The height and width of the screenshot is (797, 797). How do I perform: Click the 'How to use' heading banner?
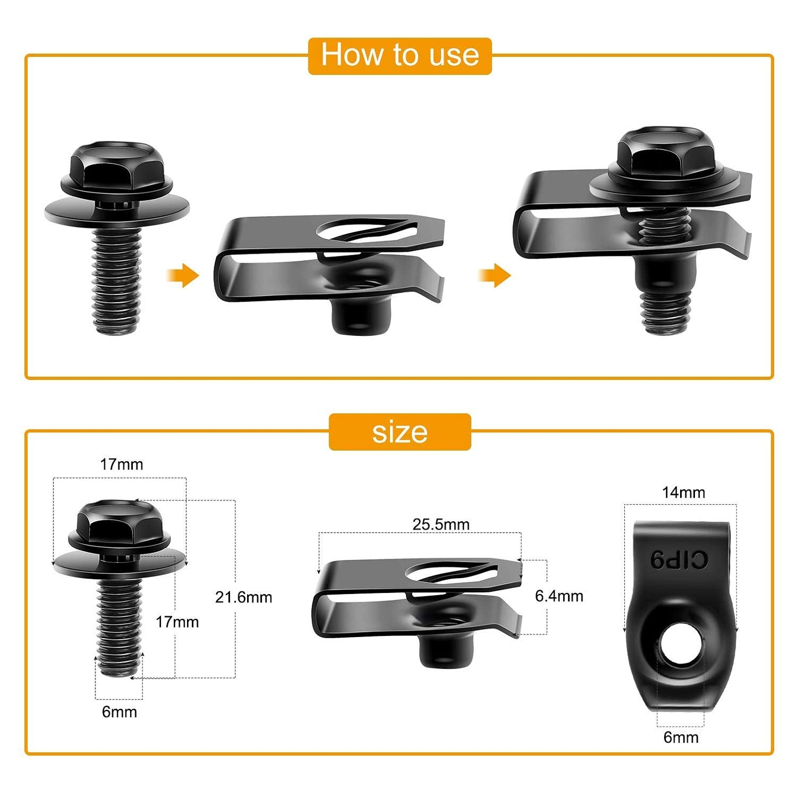click(399, 56)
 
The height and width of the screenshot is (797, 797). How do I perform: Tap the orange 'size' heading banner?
click(399, 432)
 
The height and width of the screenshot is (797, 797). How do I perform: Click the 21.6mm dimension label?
click(243, 597)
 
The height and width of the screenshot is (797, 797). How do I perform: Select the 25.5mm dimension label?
click(441, 524)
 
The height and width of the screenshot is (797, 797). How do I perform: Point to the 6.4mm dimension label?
click(559, 596)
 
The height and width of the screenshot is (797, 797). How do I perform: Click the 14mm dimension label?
click(683, 493)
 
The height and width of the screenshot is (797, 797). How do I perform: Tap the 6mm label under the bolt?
click(119, 712)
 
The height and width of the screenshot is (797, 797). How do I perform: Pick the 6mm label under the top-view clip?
click(681, 737)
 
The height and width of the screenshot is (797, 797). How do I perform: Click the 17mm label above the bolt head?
click(121, 464)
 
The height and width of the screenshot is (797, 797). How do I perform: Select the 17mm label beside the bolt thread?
click(177, 622)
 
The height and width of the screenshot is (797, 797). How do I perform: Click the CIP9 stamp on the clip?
click(678, 560)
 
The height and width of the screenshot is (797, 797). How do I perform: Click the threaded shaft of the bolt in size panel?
click(119, 623)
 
